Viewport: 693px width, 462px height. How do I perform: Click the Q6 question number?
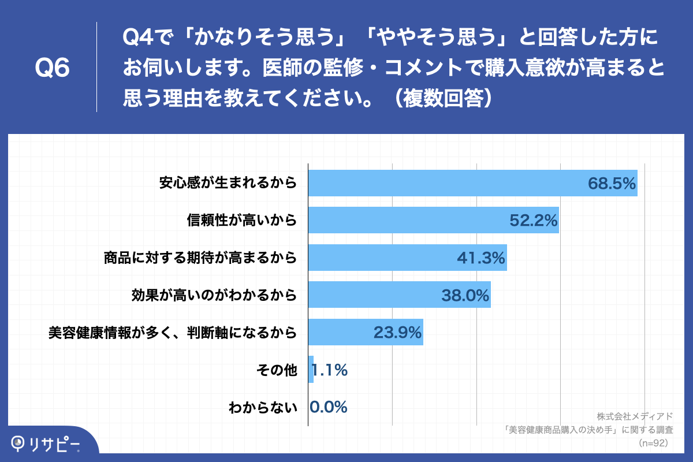click(53, 68)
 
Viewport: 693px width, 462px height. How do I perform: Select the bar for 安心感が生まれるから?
click(472, 183)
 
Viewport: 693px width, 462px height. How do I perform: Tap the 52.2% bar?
click(433, 220)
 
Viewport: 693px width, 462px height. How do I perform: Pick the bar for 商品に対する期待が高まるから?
click(407, 258)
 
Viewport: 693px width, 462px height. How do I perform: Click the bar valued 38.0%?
click(399, 295)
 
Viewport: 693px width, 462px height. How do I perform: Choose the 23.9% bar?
click(365, 332)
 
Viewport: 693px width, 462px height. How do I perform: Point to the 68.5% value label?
click(612, 184)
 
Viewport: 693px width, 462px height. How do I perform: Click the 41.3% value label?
click(481, 258)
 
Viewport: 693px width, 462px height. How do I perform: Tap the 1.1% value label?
click(330, 370)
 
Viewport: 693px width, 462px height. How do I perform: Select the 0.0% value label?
click(329, 407)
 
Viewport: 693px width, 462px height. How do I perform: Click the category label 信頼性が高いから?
click(241, 221)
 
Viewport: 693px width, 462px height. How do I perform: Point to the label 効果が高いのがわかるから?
click(214, 295)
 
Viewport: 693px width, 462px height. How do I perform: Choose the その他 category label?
click(276, 370)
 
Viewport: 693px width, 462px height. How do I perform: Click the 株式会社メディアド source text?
click(635, 416)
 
